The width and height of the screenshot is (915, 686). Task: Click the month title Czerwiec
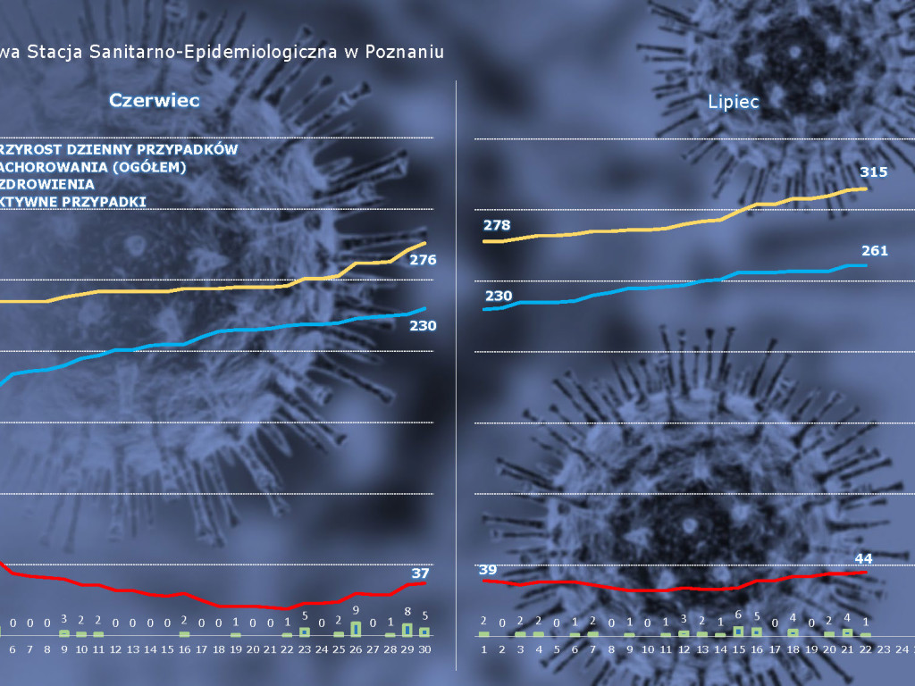(x=154, y=100)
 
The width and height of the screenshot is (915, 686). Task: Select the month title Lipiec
(x=733, y=102)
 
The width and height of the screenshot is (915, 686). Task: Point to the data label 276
(x=423, y=260)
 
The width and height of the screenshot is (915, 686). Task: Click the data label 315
(x=874, y=171)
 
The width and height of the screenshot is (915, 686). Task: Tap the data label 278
(x=497, y=225)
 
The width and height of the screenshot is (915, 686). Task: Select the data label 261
(x=875, y=251)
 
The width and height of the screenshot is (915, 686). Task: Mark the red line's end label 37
(x=420, y=573)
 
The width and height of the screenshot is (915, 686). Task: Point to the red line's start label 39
(x=488, y=570)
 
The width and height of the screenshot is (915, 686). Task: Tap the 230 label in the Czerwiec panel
(x=423, y=326)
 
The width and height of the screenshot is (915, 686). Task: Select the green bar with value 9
(x=356, y=629)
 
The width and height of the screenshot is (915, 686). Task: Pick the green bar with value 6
(x=738, y=631)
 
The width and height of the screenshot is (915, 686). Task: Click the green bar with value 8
(x=407, y=629)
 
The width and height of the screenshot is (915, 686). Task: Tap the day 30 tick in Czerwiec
(x=424, y=649)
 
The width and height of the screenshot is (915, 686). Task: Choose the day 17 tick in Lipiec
(x=775, y=649)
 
